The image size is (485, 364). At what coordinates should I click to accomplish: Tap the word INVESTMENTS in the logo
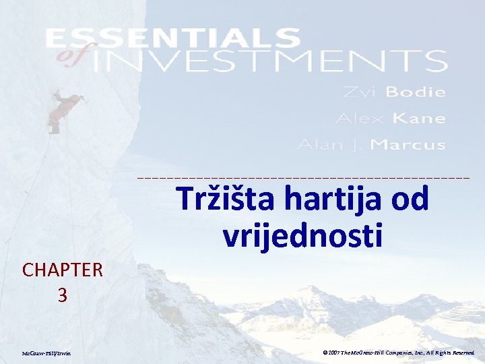pyautogui.click(x=269, y=61)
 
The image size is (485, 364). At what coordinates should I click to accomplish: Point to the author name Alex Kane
pyautogui.click(x=391, y=119)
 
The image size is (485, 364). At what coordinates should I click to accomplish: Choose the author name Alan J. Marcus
pyautogui.click(x=371, y=145)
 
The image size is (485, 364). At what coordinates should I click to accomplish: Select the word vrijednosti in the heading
pyautogui.click(x=302, y=235)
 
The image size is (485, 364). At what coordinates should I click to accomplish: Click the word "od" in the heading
pyautogui.click(x=408, y=199)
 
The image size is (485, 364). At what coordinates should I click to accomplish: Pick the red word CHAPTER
pyautogui.click(x=62, y=270)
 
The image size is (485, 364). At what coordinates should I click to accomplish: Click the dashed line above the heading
pyautogui.click(x=303, y=177)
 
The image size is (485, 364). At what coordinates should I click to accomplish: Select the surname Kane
pyautogui.click(x=418, y=119)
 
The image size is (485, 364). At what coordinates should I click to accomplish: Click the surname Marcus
pyautogui.click(x=408, y=145)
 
